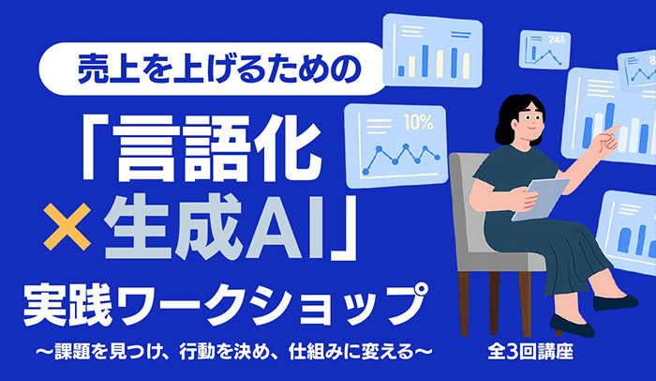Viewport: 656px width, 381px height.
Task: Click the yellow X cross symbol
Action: coord(67,226)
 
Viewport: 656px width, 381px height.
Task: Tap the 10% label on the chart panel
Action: coord(418,122)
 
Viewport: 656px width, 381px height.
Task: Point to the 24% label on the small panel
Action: coord(557,39)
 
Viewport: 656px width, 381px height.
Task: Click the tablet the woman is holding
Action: coord(540,200)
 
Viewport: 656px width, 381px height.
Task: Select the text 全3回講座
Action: coord(530,352)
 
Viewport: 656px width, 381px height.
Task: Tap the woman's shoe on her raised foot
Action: coord(615,302)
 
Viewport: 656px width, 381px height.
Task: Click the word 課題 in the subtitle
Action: coord(71,352)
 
